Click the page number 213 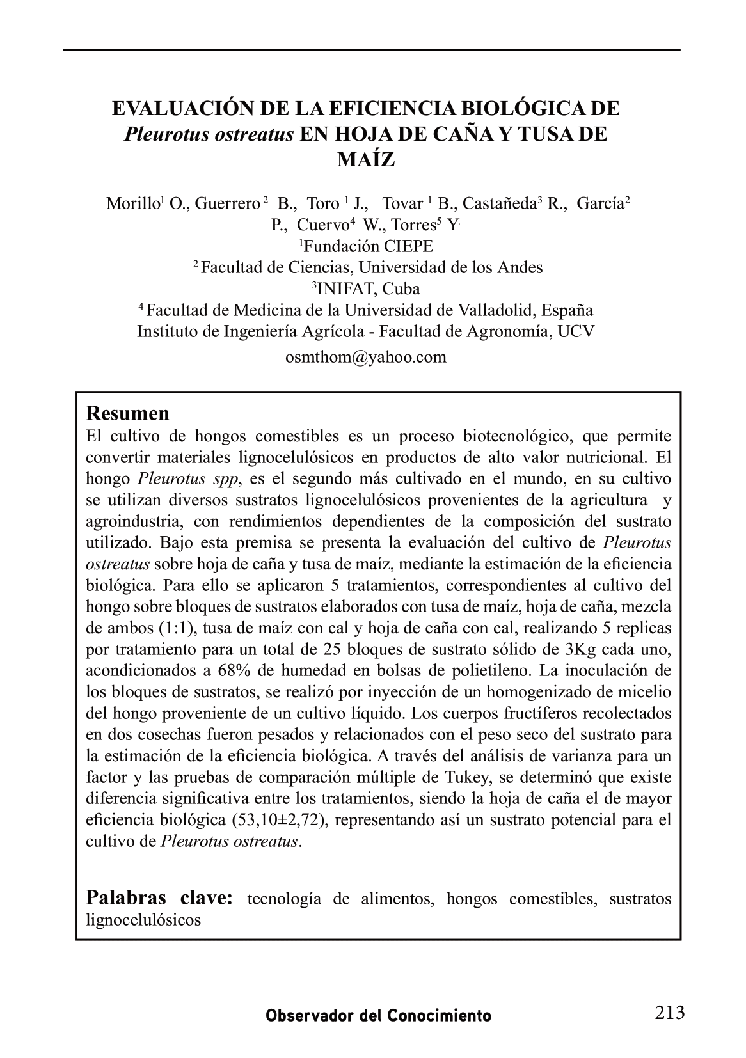[670, 1013]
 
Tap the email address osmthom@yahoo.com [365, 357]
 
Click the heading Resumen [128, 414]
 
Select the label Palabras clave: [159, 897]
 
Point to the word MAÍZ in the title [366, 159]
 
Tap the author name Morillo [132, 204]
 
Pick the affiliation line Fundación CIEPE [369, 246]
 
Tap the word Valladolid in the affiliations [497, 311]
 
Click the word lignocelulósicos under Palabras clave [143, 920]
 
